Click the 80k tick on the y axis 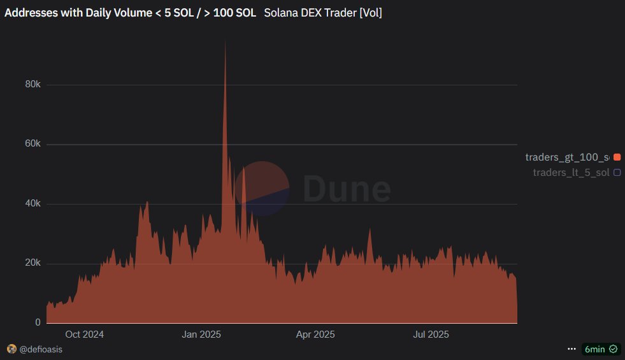(x=32, y=85)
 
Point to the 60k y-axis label (x=32, y=144)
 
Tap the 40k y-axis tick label (x=32, y=204)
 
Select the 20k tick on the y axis (x=32, y=263)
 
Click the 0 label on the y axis (x=38, y=323)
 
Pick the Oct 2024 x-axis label (x=84, y=335)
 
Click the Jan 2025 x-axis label (x=201, y=335)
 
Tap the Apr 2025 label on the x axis (x=315, y=335)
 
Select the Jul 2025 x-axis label (x=431, y=335)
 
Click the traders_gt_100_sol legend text (x=566, y=157)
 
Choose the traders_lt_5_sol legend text (x=571, y=172)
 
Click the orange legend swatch (x=617, y=157)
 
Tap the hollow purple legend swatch (x=617, y=172)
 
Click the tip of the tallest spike (x=225, y=41)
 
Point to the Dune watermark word (x=347, y=189)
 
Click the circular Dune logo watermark (x=262, y=189)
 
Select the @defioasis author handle (x=40, y=349)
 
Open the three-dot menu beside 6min (x=571, y=349)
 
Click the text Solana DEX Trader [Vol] (x=323, y=12)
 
